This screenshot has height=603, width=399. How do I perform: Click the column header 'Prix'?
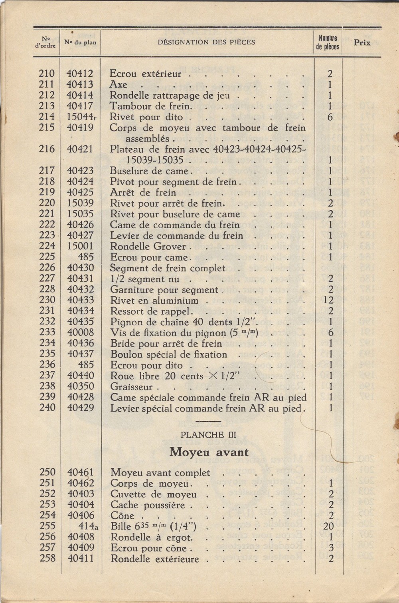pyautogui.click(x=362, y=43)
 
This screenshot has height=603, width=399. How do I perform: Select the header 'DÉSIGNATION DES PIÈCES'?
pyautogui.click(x=206, y=42)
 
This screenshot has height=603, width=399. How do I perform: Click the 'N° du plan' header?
pyautogui.click(x=80, y=42)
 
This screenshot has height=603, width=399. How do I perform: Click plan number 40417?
pyautogui.click(x=80, y=106)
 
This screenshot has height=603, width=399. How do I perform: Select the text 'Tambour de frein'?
pyautogui.click(x=150, y=106)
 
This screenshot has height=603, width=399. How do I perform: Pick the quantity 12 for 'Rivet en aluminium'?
pyautogui.click(x=330, y=300)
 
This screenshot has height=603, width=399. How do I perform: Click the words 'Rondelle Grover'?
pyautogui.click(x=148, y=247)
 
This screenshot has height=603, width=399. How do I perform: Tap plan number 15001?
pyautogui.click(x=80, y=247)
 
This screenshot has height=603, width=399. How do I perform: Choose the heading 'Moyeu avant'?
pyautogui.click(x=209, y=452)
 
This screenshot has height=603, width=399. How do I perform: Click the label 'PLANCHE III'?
pyautogui.click(x=209, y=435)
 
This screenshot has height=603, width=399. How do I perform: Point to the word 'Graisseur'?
pyautogui.click(x=131, y=387)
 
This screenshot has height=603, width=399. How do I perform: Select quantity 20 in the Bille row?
pyautogui.click(x=330, y=526)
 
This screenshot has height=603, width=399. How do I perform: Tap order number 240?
pyautogui.click(x=47, y=408)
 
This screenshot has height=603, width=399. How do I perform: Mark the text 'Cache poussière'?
pyautogui.click(x=148, y=505)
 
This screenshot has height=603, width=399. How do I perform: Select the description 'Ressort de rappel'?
pyautogui.click(x=145, y=311)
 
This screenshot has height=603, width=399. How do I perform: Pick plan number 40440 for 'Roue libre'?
pyautogui.click(x=81, y=376)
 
